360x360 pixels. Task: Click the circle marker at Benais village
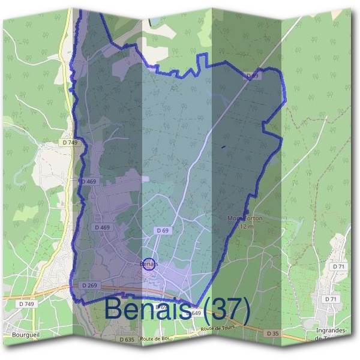pyautogui.click(x=149, y=263)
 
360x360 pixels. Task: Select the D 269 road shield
pyautogui.click(x=88, y=285)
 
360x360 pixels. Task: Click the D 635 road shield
pyautogui.click(x=127, y=340)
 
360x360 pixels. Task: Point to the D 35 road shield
pyautogui.click(x=272, y=332)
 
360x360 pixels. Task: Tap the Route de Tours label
pyautogui.click(x=217, y=329)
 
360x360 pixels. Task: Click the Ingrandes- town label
pyautogui.click(x=329, y=331)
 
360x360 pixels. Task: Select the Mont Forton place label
pyautogui.click(x=245, y=219)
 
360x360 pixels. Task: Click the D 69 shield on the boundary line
pyautogui.click(x=252, y=77)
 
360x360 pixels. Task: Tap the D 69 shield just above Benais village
pyautogui.click(x=162, y=230)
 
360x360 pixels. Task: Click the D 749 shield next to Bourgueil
pyautogui.click(x=26, y=304)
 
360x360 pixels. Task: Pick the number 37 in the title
pyautogui.click(x=224, y=308)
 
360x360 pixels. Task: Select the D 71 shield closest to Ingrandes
pyautogui.click(x=330, y=299)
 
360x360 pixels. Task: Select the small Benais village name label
pyautogui.click(x=148, y=263)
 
